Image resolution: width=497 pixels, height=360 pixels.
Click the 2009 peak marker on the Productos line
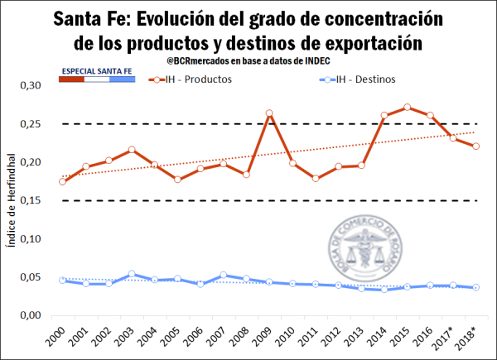pos(269,113)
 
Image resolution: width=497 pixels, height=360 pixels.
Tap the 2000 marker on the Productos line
pos(63,181)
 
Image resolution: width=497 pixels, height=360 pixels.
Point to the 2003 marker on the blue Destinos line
pos(132,274)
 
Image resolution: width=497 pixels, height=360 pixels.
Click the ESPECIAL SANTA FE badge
pos(97,72)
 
